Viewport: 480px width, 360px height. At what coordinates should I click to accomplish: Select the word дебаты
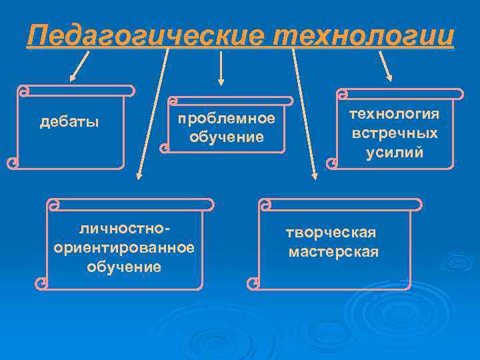[x=69, y=121]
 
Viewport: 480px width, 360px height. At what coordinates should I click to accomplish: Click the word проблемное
[x=226, y=119]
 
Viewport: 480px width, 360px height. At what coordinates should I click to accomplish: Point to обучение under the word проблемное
[x=226, y=137]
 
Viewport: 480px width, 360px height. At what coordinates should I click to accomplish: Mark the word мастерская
[x=333, y=251]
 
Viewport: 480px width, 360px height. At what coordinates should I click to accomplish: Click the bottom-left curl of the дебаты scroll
[x=12, y=162]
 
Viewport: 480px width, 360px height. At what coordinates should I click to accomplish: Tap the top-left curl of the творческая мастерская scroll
[x=265, y=203]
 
